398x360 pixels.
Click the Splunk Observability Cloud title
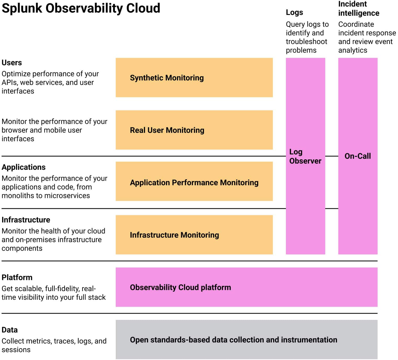pyautogui.click(x=81, y=8)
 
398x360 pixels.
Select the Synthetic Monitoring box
pyautogui.click(x=194, y=78)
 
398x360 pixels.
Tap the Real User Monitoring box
pyautogui.click(x=194, y=130)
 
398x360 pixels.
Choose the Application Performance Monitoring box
pyautogui.click(x=194, y=181)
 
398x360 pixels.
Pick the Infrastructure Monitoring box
pyautogui.click(x=194, y=235)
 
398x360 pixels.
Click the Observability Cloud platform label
pyautogui.click(x=180, y=287)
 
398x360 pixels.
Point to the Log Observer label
pyautogui.click(x=305, y=156)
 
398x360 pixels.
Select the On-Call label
pyautogui.click(x=357, y=156)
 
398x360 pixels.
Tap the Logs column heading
pyautogui.click(x=294, y=13)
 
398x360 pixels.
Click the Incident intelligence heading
pyautogui.click(x=359, y=9)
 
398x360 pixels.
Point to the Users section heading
pyautogui.click(x=12, y=63)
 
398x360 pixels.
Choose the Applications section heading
pyautogui.click(x=24, y=167)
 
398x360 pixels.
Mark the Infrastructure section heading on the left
pyautogui.click(x=26, y=220)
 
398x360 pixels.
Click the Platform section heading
pyautogui.click(x=17, y=277)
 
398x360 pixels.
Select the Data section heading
pyautogui.click(x=9, y=330)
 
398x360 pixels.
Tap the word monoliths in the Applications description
pyautogui.click(x=18, y=195)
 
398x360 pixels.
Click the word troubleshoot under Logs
pyautogui.click(x=307, y=42)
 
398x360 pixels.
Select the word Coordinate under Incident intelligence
pyautogui.click(x=356, y=24)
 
